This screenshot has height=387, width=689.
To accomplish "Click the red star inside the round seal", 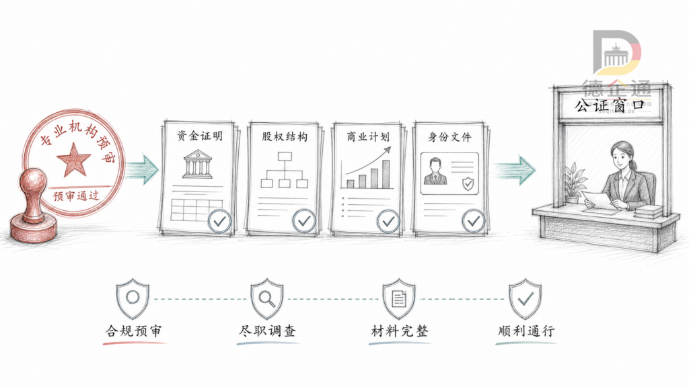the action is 73,159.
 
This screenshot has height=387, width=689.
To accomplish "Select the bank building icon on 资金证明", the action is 197,164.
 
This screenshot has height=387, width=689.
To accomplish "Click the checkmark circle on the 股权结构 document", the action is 304,220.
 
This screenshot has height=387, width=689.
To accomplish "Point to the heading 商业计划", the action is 368,137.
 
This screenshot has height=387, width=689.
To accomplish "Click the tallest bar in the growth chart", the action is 386,174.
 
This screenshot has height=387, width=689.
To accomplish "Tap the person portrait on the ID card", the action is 435,171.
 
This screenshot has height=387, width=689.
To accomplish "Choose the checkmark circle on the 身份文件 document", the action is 473,220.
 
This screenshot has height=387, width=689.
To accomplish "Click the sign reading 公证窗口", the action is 610,105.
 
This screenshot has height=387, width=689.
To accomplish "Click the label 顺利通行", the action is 526,331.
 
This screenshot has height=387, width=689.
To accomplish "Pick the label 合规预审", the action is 134,331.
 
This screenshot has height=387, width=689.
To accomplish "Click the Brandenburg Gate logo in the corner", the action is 616,52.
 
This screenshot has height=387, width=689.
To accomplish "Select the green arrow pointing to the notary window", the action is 513,170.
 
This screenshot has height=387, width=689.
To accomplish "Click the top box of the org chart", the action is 285,156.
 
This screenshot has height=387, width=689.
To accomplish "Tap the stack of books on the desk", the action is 648,212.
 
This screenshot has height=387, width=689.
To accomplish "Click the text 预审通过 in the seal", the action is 76,196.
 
